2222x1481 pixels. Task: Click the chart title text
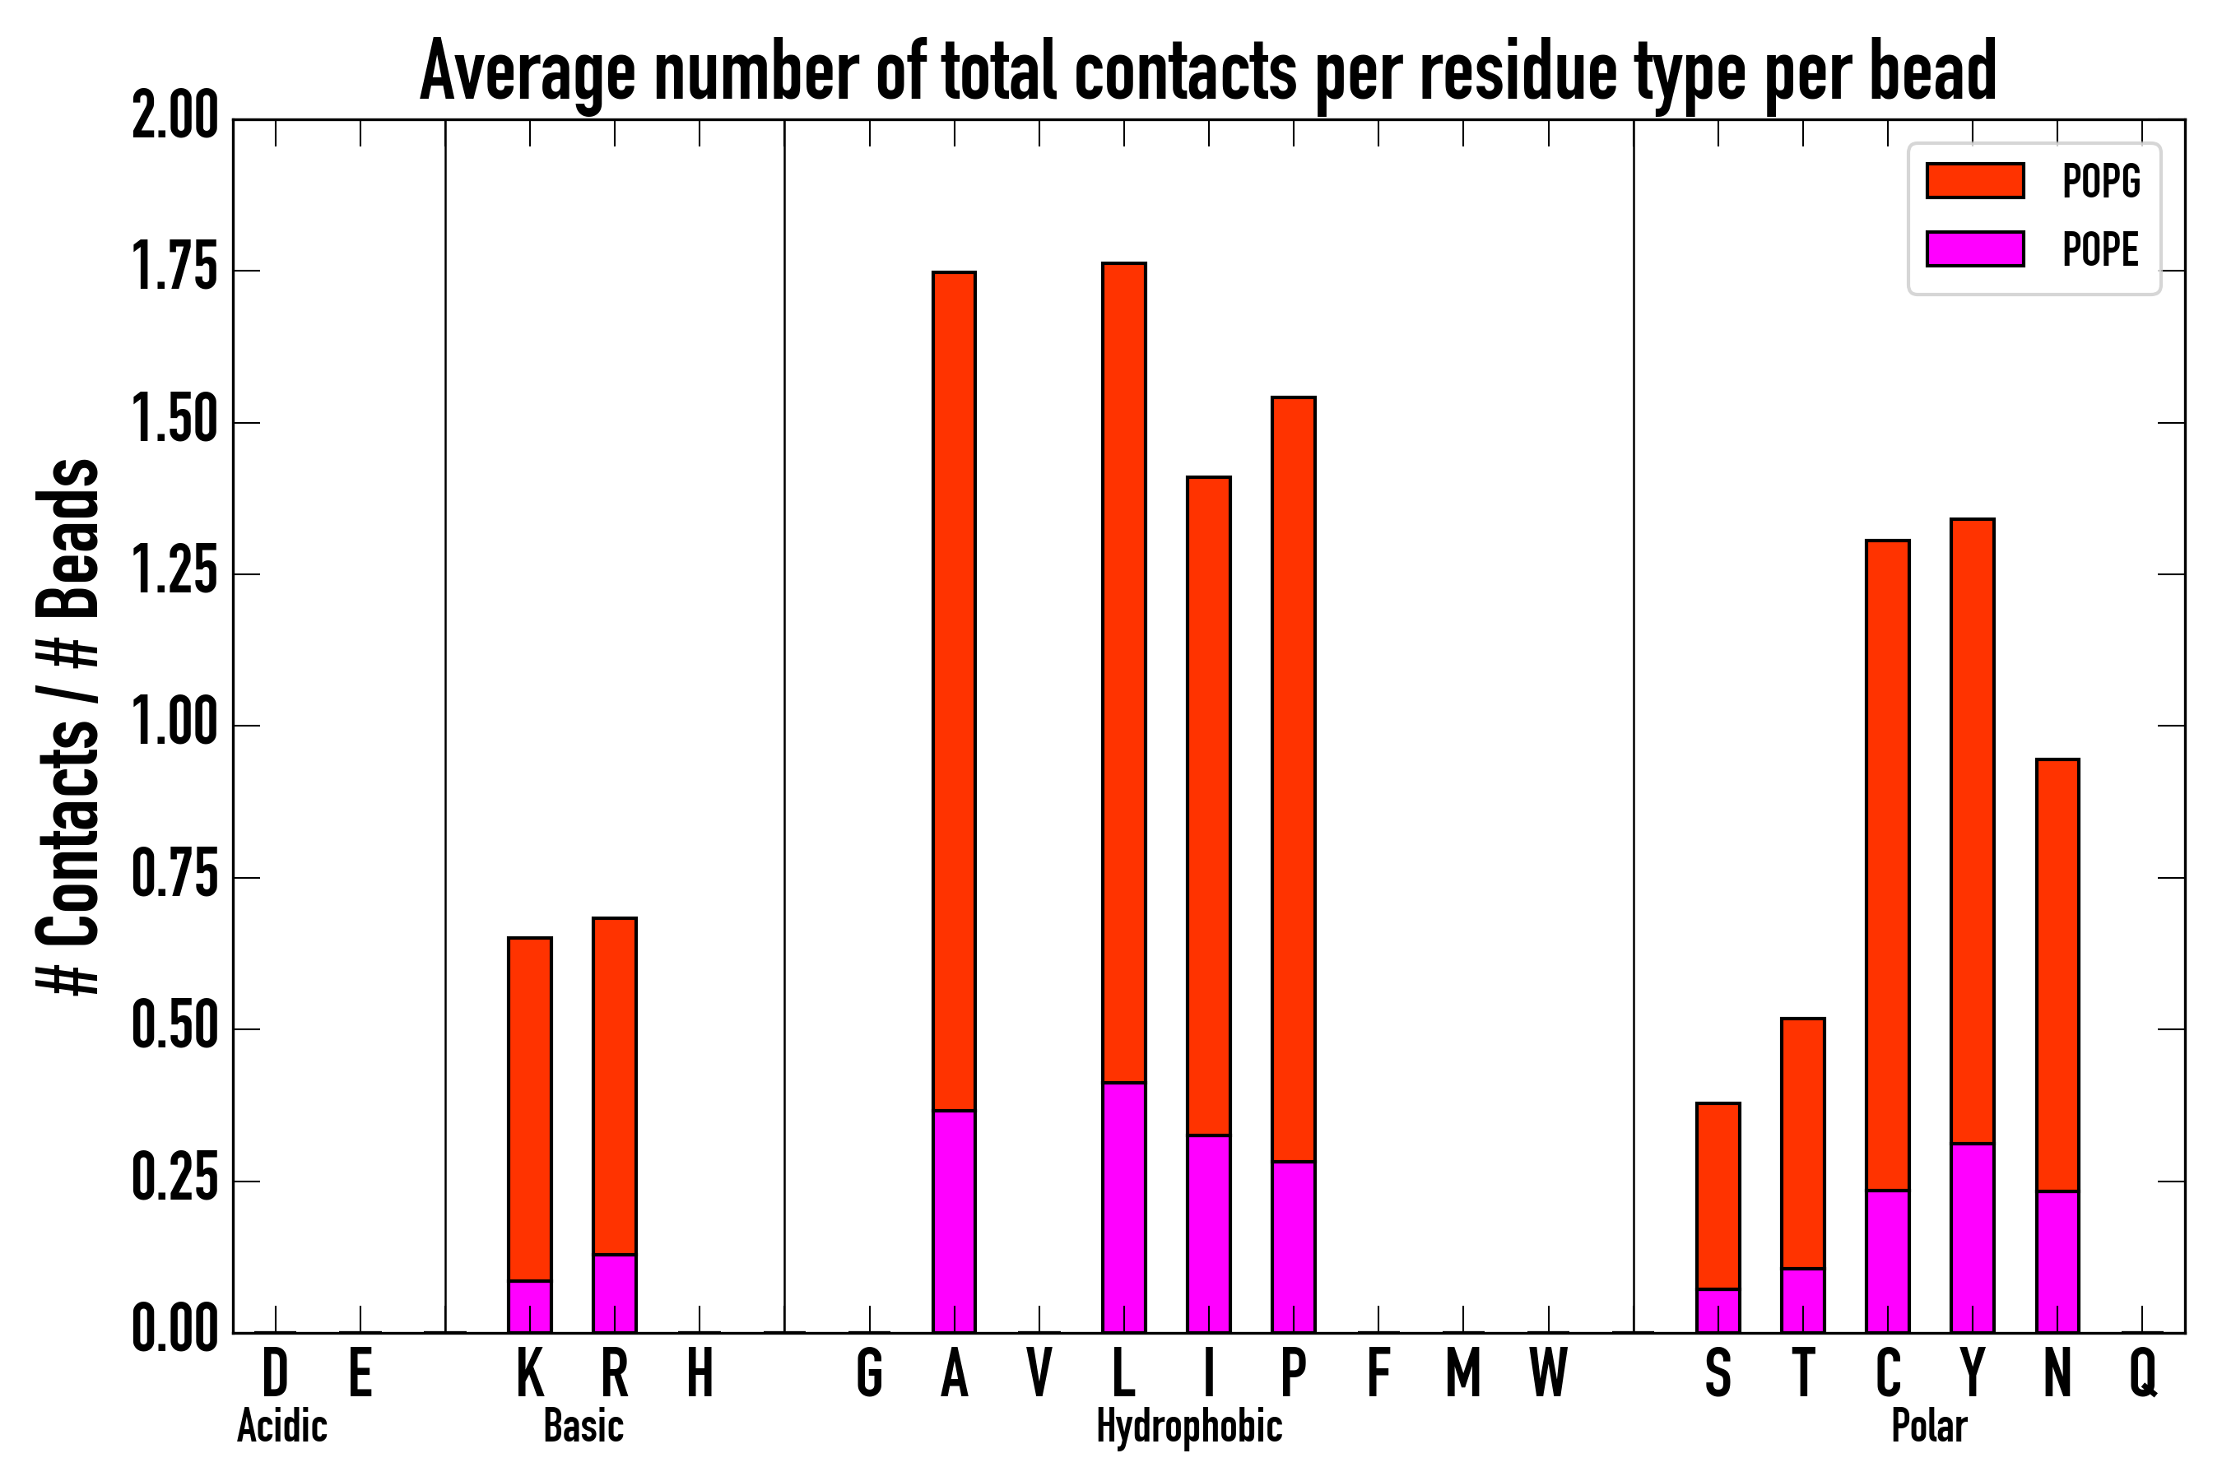click(1207, 72)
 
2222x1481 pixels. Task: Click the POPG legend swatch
click(1974, 180)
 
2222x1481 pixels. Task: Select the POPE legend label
click(2100, 249)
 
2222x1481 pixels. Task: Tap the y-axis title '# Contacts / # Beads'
click(68, 726)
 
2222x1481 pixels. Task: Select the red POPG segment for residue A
click(954, 689)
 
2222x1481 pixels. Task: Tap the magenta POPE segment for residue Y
click(1973, 1237)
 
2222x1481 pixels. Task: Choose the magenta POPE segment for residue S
click(1718, 1310)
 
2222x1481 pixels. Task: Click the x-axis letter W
click(1549, 1373)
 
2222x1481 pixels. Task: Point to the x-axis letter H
click(699, 1373)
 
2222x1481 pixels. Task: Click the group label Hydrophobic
click(1189, 1426)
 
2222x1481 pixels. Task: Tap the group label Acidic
click(281, 1426)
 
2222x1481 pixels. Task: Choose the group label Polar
click(1929, 1426)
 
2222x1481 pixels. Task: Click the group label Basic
click(583, 1426)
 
